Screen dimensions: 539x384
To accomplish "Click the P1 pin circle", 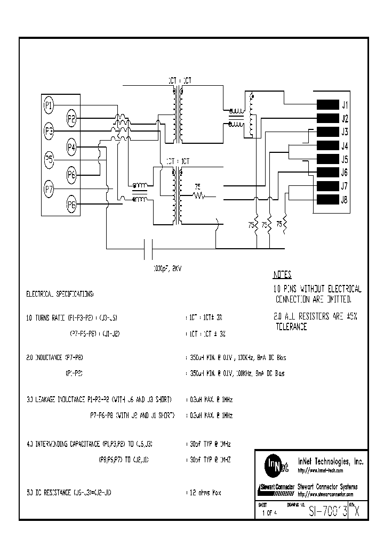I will pyautogui.click(x=49, y=105).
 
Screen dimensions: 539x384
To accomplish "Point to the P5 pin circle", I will pyautogui.click(x=49, y=159).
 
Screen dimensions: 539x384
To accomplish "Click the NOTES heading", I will pyautogui.click(x=282, y=275).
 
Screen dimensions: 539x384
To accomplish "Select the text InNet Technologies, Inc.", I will pyautogui.click(x=330, y=462).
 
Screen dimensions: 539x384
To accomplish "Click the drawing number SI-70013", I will pyautogui.click(x=329, y=511).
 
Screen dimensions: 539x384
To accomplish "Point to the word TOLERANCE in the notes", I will pyautogui.click(x=291, y=327).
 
